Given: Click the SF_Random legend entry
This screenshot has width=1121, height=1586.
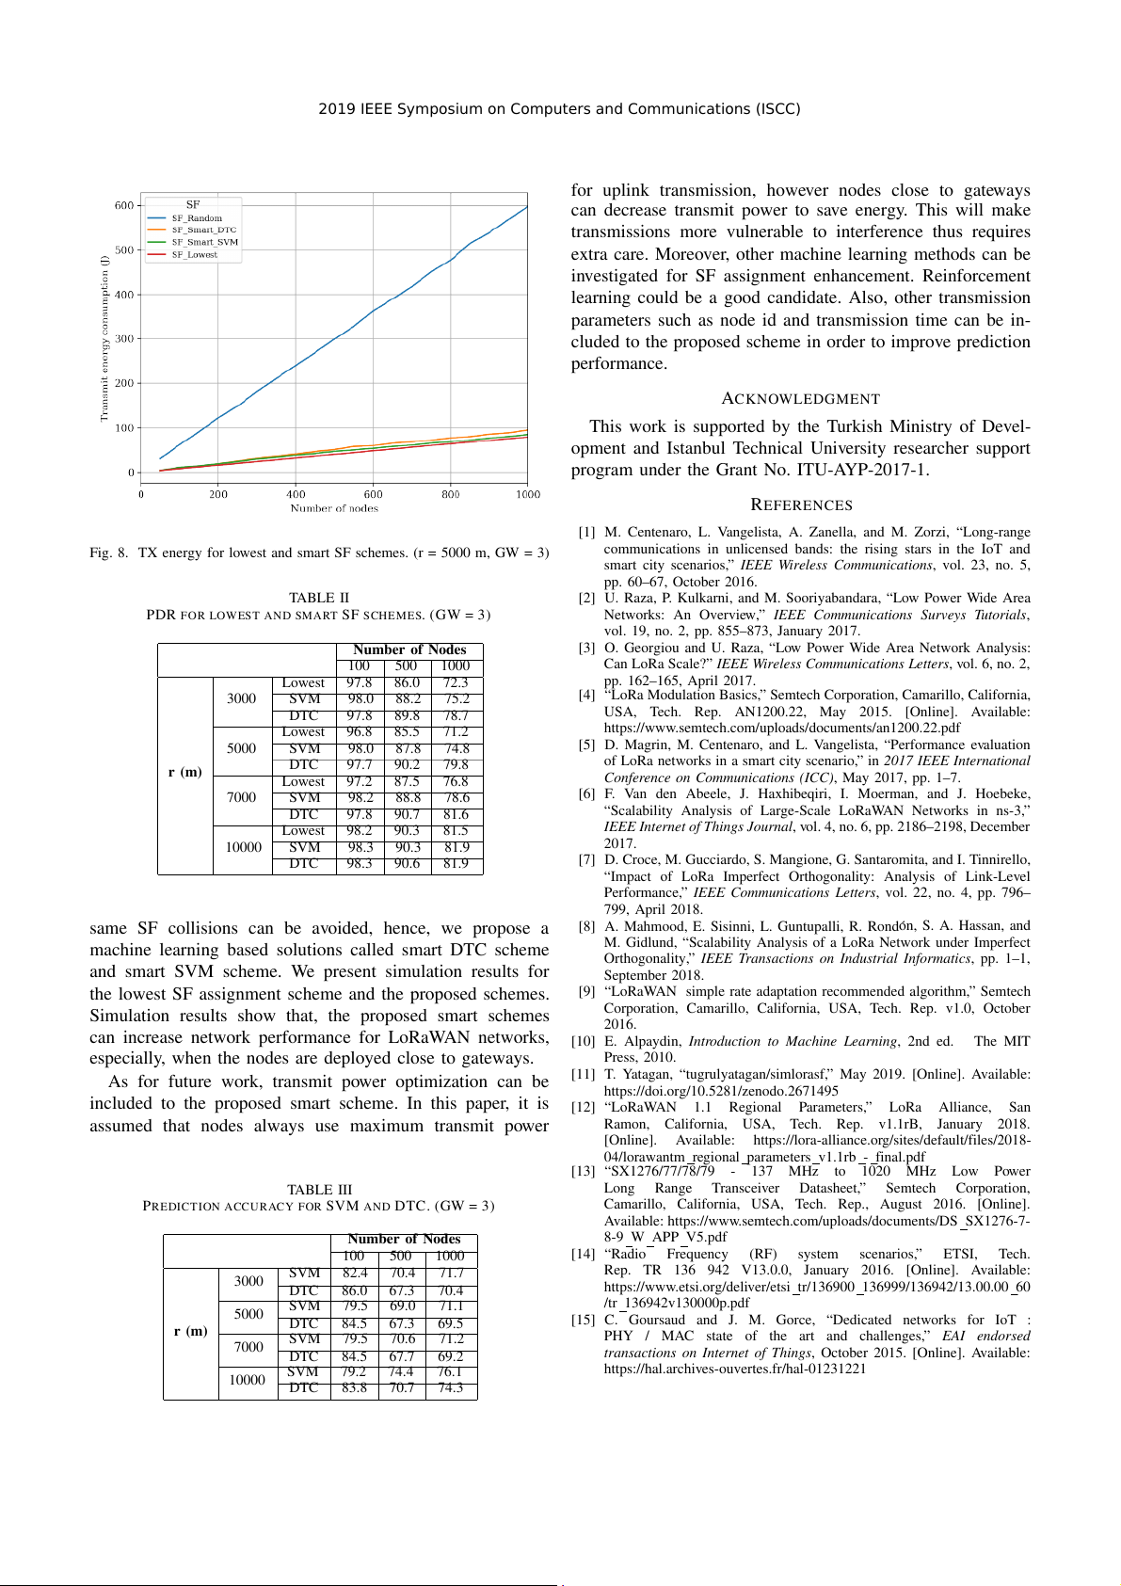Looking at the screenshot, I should click(x=196, y=218).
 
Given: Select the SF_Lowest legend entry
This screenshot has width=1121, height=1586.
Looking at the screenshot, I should click(x=194, y=255).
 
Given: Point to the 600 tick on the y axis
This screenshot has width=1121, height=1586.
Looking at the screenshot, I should click(x=124, y=205).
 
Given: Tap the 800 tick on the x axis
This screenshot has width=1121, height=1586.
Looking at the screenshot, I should click(x=451, y=494).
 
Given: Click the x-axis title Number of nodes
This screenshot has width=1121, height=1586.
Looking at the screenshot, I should click(x=334, y=508).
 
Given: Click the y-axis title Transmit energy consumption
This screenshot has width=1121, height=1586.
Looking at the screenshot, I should click(x=104, y=339).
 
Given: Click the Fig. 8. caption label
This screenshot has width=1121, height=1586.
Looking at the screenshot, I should click(x=109, y=553).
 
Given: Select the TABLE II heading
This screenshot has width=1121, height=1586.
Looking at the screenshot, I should click(x=319, y=598).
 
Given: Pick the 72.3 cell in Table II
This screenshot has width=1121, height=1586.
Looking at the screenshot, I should click(x=456, y=682).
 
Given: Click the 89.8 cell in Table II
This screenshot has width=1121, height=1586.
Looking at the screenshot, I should click(x=407, y=715).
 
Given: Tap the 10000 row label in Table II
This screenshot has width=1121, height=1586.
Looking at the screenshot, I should click(x=243, y=847).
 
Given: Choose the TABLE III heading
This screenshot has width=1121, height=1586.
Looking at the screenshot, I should click(x=319, y=1190).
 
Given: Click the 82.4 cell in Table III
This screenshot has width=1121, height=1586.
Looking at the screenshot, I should click(x=355, y=1273).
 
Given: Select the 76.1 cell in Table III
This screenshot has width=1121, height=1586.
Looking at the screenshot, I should click(x=450, y=1371).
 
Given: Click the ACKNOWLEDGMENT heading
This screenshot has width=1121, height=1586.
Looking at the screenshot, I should click(x=800, y=399).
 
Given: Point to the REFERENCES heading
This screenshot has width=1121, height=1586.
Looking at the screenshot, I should click(x=801, y=505).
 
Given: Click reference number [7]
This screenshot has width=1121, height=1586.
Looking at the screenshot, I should click(x=586, y=859).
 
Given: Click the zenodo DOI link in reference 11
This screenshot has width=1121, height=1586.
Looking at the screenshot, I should click(x=721, y=1091).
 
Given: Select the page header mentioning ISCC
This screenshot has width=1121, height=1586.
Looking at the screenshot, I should click(x=559, y=109).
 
